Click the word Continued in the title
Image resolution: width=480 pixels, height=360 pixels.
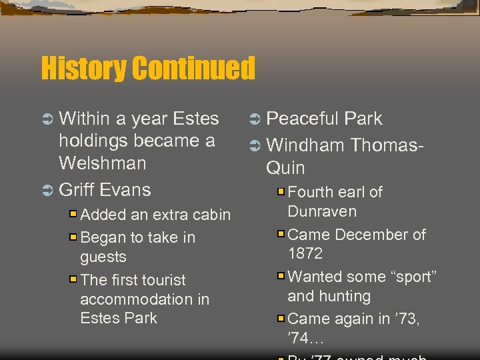(x=193, y=68)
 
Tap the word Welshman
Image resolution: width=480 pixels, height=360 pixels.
(x=102, y=163)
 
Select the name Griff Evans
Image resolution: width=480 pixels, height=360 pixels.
(x=105, y=189)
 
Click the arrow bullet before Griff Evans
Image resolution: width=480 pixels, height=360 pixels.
(x=47, y=190)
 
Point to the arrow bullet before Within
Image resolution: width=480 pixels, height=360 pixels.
(x=47, y=119)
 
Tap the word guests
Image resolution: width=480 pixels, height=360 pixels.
(x=103, y=257)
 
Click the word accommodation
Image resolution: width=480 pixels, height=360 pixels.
(x=144, y=299)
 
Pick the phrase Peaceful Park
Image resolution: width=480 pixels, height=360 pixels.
(x=324, y=119)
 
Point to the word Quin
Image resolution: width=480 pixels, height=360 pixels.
(x=285, y=167)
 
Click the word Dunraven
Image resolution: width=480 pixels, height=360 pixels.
(x=322, y=211)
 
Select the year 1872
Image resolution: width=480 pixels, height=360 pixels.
(x=305, y=253)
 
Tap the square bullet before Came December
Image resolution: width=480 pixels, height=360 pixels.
(x=281, y=235)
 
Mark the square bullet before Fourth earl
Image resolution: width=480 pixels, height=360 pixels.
(x=281, y=192)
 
